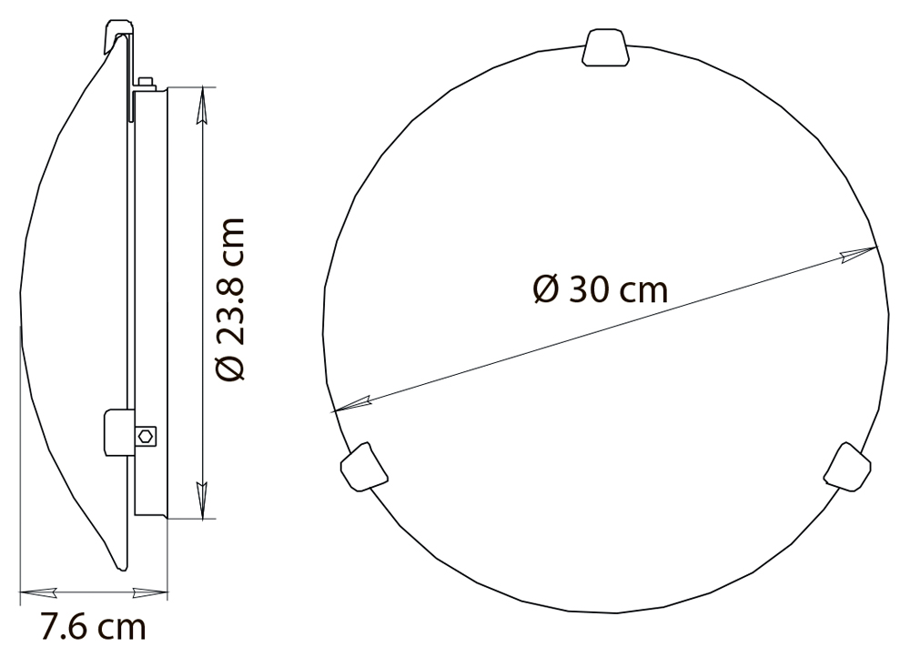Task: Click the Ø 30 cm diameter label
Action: click(600, 289)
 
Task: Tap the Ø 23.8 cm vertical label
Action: click(230, 299)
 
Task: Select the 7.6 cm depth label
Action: click(93, 627)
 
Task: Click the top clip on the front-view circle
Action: click(605, 47)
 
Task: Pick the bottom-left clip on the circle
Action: click(364, 467)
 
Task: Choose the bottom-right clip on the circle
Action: click(847, 467)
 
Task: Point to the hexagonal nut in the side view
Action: click(146, 435)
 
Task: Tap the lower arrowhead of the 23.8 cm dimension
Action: click(201, 500)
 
